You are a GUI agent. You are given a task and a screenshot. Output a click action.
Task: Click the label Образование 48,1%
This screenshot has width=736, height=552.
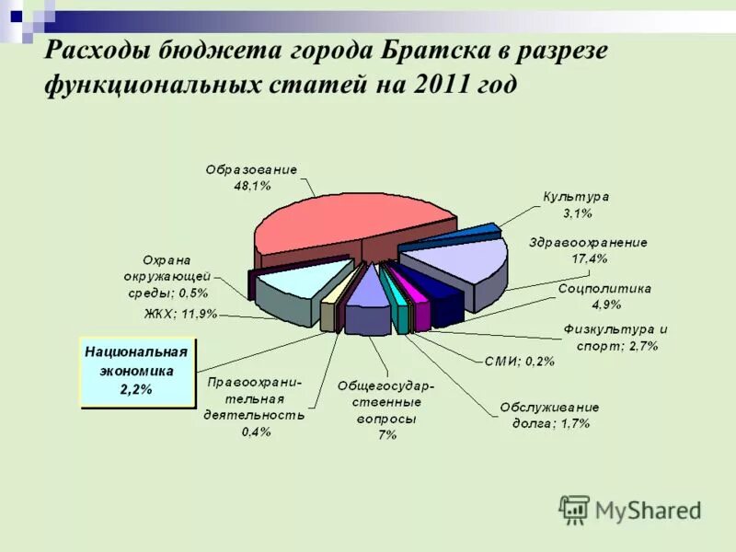click(251, 178)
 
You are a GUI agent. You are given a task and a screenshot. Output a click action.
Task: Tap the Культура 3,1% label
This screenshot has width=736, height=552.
click(576, 205)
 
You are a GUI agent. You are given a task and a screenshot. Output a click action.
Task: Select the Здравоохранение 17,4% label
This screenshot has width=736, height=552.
click(589, 250)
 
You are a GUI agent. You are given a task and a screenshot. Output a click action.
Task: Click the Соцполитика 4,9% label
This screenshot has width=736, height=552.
click(605, 295)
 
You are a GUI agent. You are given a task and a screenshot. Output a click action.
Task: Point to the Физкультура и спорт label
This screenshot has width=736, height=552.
click(615, 338)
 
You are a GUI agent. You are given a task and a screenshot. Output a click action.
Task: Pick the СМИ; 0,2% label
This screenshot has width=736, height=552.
click(520, 362)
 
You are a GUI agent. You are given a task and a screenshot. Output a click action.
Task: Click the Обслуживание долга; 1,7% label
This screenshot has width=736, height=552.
click(550, 415)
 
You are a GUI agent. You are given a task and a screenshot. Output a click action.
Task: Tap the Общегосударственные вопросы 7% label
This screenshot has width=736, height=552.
click(386, 409)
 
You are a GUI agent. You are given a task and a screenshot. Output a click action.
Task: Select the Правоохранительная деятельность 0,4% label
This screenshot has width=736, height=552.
click(257, 407)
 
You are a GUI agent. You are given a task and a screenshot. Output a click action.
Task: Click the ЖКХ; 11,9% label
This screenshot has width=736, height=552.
click(180, 314)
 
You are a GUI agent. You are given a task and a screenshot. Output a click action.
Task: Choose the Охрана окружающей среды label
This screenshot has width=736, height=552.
click(167, 276)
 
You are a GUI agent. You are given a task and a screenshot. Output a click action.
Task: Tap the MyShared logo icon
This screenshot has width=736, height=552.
click(575, 509)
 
